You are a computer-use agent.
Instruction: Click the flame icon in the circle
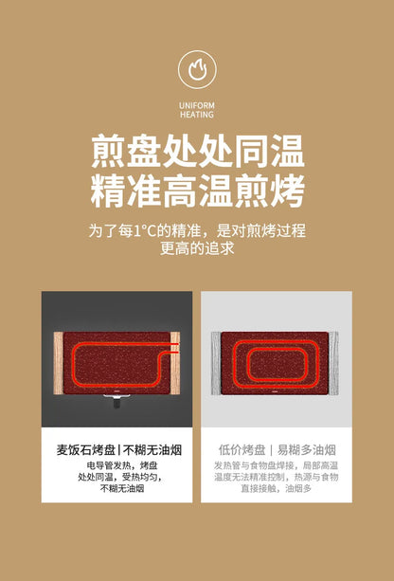[x=197, y=69]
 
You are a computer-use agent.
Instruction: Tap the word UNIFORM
[x=197, y=105]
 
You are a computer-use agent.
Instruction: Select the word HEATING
[x=197, y=115]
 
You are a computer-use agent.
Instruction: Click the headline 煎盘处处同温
[x=198, y=152]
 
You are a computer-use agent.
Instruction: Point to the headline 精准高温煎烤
[x=198, y=191]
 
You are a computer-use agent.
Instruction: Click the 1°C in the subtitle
[x=142, y=231]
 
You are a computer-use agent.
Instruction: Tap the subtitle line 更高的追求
[x=197, y=248]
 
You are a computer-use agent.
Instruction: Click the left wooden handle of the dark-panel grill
[x=59, y=363]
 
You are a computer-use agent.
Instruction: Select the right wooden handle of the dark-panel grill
[x=175, y=363]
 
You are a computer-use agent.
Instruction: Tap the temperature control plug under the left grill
[x=117, y=401]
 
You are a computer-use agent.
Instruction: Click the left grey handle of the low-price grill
[x=216, y=363]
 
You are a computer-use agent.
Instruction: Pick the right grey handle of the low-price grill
[x=333, y=363]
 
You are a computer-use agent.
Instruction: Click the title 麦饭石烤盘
[x=85, y=450]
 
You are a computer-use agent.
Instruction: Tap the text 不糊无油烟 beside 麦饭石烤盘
[x=152, y=450]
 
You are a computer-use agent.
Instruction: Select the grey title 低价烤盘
[x=242, y=450]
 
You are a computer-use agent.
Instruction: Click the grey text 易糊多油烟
[x=307, y=450]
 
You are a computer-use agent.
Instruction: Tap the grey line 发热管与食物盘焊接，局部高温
[x=276, y=465]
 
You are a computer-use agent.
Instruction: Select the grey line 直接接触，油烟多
[x=276, y=489]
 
